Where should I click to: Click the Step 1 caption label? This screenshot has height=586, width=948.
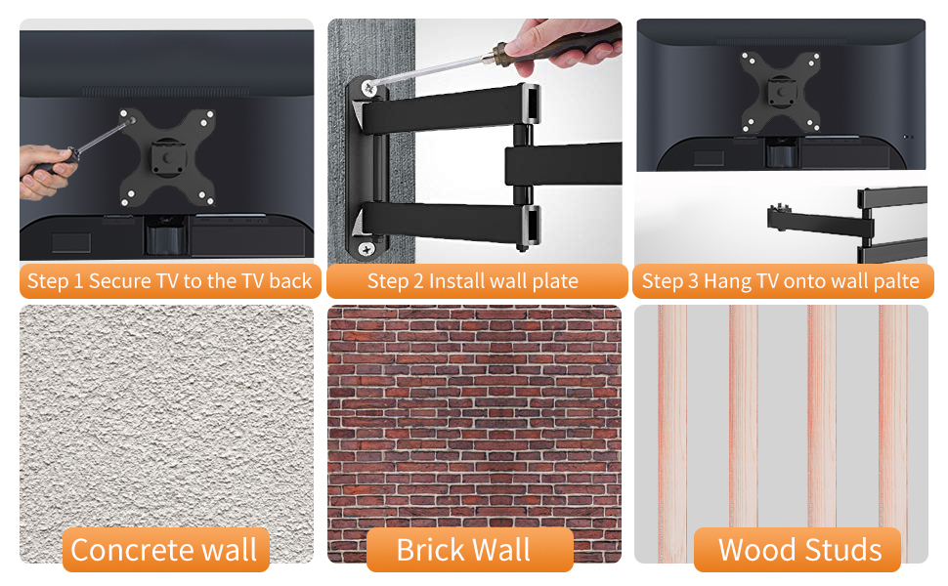(x=168, y=281)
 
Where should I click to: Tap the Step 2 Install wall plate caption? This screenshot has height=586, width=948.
(x=473, y=281)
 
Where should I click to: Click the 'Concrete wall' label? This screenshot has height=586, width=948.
(x=164, y=550)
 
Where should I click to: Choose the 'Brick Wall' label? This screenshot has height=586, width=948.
(x=463, y=550)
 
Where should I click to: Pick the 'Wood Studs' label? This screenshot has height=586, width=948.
(x=799, y=550)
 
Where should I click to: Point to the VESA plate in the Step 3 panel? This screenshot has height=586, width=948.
(x=779, y=93)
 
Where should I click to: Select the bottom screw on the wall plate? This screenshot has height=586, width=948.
(x=365, y=248)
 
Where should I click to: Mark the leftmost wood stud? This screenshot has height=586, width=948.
(x=672, y=430)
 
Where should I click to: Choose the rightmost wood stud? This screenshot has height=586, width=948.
(x=892, y=430)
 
